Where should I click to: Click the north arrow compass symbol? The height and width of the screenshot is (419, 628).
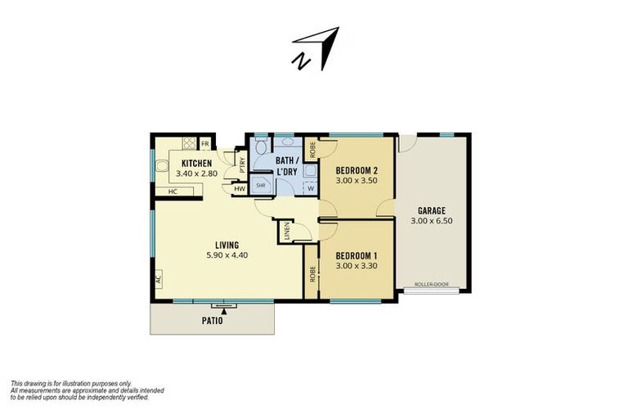tap(316, 48)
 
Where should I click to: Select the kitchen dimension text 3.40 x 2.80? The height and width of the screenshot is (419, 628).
tap(196, 173)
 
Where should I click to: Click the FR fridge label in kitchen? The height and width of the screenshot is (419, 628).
tap(205, 143)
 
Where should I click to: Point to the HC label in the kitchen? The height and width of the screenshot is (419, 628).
tap(173, 192)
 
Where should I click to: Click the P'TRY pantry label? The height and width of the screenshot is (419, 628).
tap(242, 164)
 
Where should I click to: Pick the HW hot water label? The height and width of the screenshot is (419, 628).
tap(239, 189)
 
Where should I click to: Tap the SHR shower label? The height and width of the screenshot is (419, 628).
tap(261, 186)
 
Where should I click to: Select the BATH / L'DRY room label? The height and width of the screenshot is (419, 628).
tap(287, 166)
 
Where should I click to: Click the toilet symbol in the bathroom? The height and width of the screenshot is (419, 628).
tap(262, 148)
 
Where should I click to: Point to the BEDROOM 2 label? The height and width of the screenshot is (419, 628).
tap(357, 170)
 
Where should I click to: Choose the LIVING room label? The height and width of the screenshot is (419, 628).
tap(227, 245)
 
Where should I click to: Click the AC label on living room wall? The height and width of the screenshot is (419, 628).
tap(158, 280)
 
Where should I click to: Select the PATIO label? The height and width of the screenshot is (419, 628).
tap(212, 321)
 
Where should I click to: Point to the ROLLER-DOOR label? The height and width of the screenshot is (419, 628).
tap(431, 284)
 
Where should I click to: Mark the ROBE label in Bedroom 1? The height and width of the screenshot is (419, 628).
tap(312, 274)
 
